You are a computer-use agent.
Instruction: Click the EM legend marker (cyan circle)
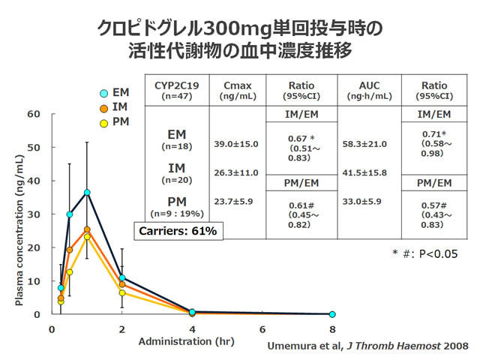point(105,93)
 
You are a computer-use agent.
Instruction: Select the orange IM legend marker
point(105,108)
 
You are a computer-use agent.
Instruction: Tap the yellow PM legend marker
point(105,123)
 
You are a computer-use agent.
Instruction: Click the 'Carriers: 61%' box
point(178,231)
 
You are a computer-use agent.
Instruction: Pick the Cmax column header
point(238,88)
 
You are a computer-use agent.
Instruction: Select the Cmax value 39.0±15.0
point(237,144)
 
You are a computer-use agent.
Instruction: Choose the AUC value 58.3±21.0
point(364,144)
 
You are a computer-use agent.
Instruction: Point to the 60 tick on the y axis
point(34,114)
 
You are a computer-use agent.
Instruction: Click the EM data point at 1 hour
point(87,192)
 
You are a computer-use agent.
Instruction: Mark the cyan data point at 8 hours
point(332,314)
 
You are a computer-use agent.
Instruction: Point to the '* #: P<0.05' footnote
point(424,253)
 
